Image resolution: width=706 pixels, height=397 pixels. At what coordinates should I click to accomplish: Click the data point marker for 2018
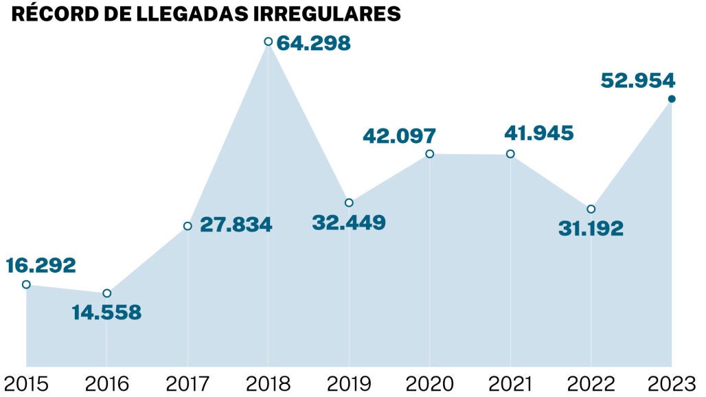click(x=268, y=42)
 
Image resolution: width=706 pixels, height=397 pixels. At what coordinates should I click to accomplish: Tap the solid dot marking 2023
click(x=672, y=99)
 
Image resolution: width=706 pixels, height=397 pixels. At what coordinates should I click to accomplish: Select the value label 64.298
click(x=315, y=43)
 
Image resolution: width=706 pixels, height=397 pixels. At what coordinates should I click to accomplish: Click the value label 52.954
click(x=638, y=80)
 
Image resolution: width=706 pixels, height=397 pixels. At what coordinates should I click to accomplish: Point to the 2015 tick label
click(x=26, y=383)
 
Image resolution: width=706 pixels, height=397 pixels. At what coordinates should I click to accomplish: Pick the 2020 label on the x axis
click(x=429, y=383)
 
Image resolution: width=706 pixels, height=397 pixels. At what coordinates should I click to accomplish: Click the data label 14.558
click(x=106, y=313)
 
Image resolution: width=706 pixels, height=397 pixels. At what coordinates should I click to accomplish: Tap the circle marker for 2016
click(x=106, y=293)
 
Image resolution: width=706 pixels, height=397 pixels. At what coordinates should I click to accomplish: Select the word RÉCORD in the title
click(x=45, y=14)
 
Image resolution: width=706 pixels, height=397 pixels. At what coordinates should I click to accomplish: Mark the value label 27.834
click(x=236, y=225)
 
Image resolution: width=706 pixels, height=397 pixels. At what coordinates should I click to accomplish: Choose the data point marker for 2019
click(x=349, y=203)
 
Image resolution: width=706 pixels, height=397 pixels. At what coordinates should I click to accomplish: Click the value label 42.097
click(x=400, y=135)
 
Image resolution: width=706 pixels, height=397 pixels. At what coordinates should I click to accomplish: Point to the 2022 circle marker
click(x=591, y=209)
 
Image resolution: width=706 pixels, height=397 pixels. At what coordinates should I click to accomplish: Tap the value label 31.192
click(x=591, y=228)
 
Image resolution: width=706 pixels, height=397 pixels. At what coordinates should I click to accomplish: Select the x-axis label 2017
click(x=187, y=383)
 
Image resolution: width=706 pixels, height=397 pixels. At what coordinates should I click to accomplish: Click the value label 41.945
click(x=538, y=133)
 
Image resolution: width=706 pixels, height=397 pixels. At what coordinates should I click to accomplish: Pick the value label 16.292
click(x=41, y=265)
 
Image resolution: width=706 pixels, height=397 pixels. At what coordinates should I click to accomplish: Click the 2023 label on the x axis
click(x=672, y=383)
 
